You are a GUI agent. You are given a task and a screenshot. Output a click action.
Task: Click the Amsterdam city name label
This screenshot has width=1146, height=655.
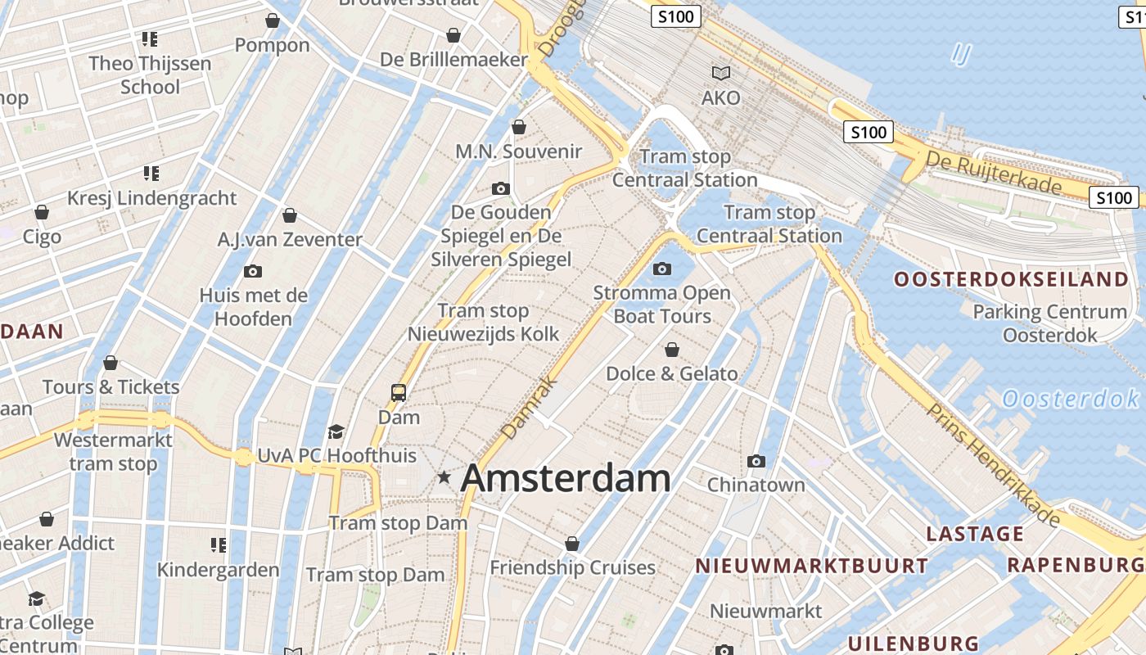566,478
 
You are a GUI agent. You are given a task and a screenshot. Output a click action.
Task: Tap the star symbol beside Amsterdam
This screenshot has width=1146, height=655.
444,477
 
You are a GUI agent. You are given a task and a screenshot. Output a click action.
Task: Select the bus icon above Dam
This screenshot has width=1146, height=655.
399,393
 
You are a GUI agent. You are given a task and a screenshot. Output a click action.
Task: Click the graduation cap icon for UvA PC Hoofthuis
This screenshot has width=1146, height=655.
336,431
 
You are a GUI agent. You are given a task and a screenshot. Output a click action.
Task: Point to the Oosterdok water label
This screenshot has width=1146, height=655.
1071,400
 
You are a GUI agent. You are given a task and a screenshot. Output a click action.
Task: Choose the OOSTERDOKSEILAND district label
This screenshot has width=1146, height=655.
1011,279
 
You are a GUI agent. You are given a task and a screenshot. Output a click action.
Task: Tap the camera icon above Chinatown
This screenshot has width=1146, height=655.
756,461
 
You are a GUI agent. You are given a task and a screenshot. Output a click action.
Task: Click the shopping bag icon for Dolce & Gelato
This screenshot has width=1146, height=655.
672,350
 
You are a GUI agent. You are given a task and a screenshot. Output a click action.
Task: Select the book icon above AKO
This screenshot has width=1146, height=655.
721,73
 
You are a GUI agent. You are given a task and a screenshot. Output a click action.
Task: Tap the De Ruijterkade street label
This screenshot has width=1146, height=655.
995,174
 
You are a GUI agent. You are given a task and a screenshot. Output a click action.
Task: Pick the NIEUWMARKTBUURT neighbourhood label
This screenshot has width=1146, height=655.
812,566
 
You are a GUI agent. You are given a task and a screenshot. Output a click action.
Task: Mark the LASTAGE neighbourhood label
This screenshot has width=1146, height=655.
975,534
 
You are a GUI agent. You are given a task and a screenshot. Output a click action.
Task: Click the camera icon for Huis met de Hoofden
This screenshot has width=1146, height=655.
253,271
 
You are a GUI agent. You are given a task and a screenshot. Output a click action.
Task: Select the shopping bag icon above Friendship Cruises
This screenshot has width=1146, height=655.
572,544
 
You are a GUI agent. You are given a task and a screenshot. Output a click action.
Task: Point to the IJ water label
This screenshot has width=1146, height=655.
961,56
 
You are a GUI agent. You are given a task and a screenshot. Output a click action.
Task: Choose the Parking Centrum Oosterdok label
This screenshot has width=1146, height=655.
1049,323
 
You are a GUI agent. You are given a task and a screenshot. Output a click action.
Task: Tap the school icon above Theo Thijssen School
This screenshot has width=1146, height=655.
150,38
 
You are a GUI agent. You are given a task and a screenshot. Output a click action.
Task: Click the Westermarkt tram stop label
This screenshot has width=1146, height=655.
113,452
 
